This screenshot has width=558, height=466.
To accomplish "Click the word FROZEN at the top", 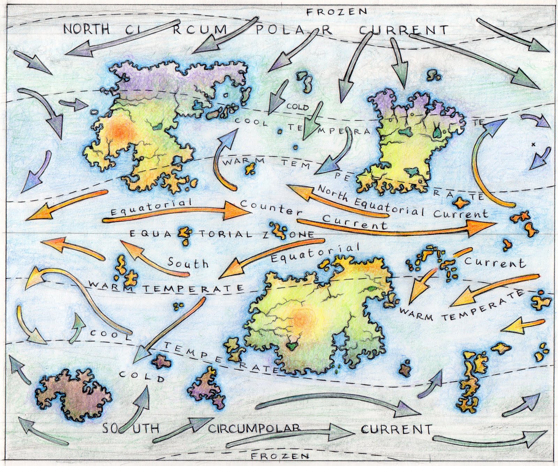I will (x=337, y=12).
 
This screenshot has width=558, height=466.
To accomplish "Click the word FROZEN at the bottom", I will (x=280, y=456).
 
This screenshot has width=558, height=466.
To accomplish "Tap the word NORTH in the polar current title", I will (x=86, y=29).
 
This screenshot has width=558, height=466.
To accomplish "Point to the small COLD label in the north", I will (x=297, y=107).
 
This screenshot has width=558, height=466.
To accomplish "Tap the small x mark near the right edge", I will (x=533, y=144).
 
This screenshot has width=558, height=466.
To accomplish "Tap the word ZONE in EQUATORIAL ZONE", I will (x=296, y=235).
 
